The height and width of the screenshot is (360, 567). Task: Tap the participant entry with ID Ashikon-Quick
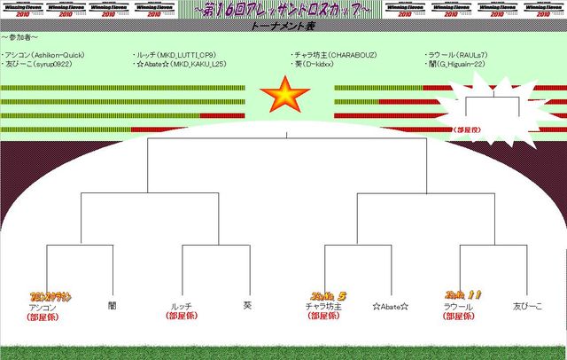click(44, 55)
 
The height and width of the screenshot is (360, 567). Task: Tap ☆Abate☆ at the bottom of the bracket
click(390, 307)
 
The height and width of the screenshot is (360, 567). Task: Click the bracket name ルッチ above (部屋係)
click(181, 307)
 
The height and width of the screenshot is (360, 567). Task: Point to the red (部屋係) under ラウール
click(460, 317)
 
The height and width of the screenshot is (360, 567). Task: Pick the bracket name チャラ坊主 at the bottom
click(323, 307)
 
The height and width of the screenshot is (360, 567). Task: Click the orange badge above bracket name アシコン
click(50, 296)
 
